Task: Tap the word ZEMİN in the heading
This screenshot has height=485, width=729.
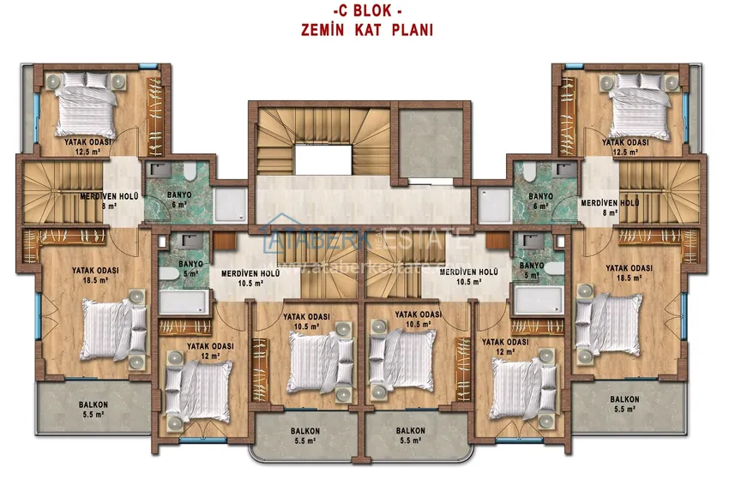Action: point(324,29)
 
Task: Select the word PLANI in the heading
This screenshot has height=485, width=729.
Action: point(413,29)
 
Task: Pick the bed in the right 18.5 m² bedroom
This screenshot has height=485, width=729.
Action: point(608,324)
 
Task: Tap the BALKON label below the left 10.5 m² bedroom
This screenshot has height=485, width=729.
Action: point(306,436)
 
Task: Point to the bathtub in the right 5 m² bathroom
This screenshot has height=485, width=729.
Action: point(539,301)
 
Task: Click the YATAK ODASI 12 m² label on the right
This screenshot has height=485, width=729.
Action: point(503,346)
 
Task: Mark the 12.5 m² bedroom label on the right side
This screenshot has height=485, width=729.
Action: point(625,147)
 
